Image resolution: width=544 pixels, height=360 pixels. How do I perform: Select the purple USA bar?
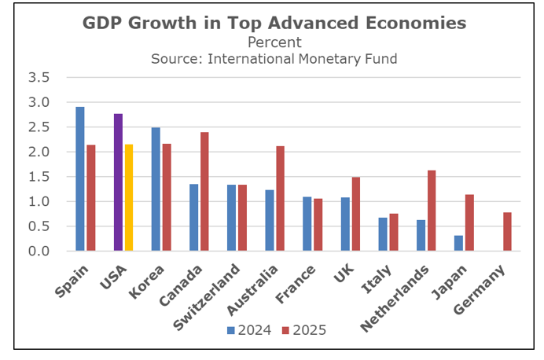click(118, 182)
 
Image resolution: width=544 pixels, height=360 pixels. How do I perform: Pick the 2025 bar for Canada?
click(204, 192)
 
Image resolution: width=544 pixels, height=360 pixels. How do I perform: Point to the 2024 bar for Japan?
click(458, 244)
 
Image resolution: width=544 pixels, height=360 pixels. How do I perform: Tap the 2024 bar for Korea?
click(156, 189)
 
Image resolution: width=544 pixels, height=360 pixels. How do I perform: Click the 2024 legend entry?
click(249, 330)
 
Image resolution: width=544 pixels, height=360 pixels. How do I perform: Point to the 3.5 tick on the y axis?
click(39, 78)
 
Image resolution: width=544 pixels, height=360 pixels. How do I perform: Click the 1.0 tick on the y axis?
click(39, 202)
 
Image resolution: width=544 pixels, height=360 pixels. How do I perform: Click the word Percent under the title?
click(274, 42)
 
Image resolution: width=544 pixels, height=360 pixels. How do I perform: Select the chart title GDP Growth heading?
click(274, 24)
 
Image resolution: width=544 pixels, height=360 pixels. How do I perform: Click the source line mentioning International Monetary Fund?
click(274, 57)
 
